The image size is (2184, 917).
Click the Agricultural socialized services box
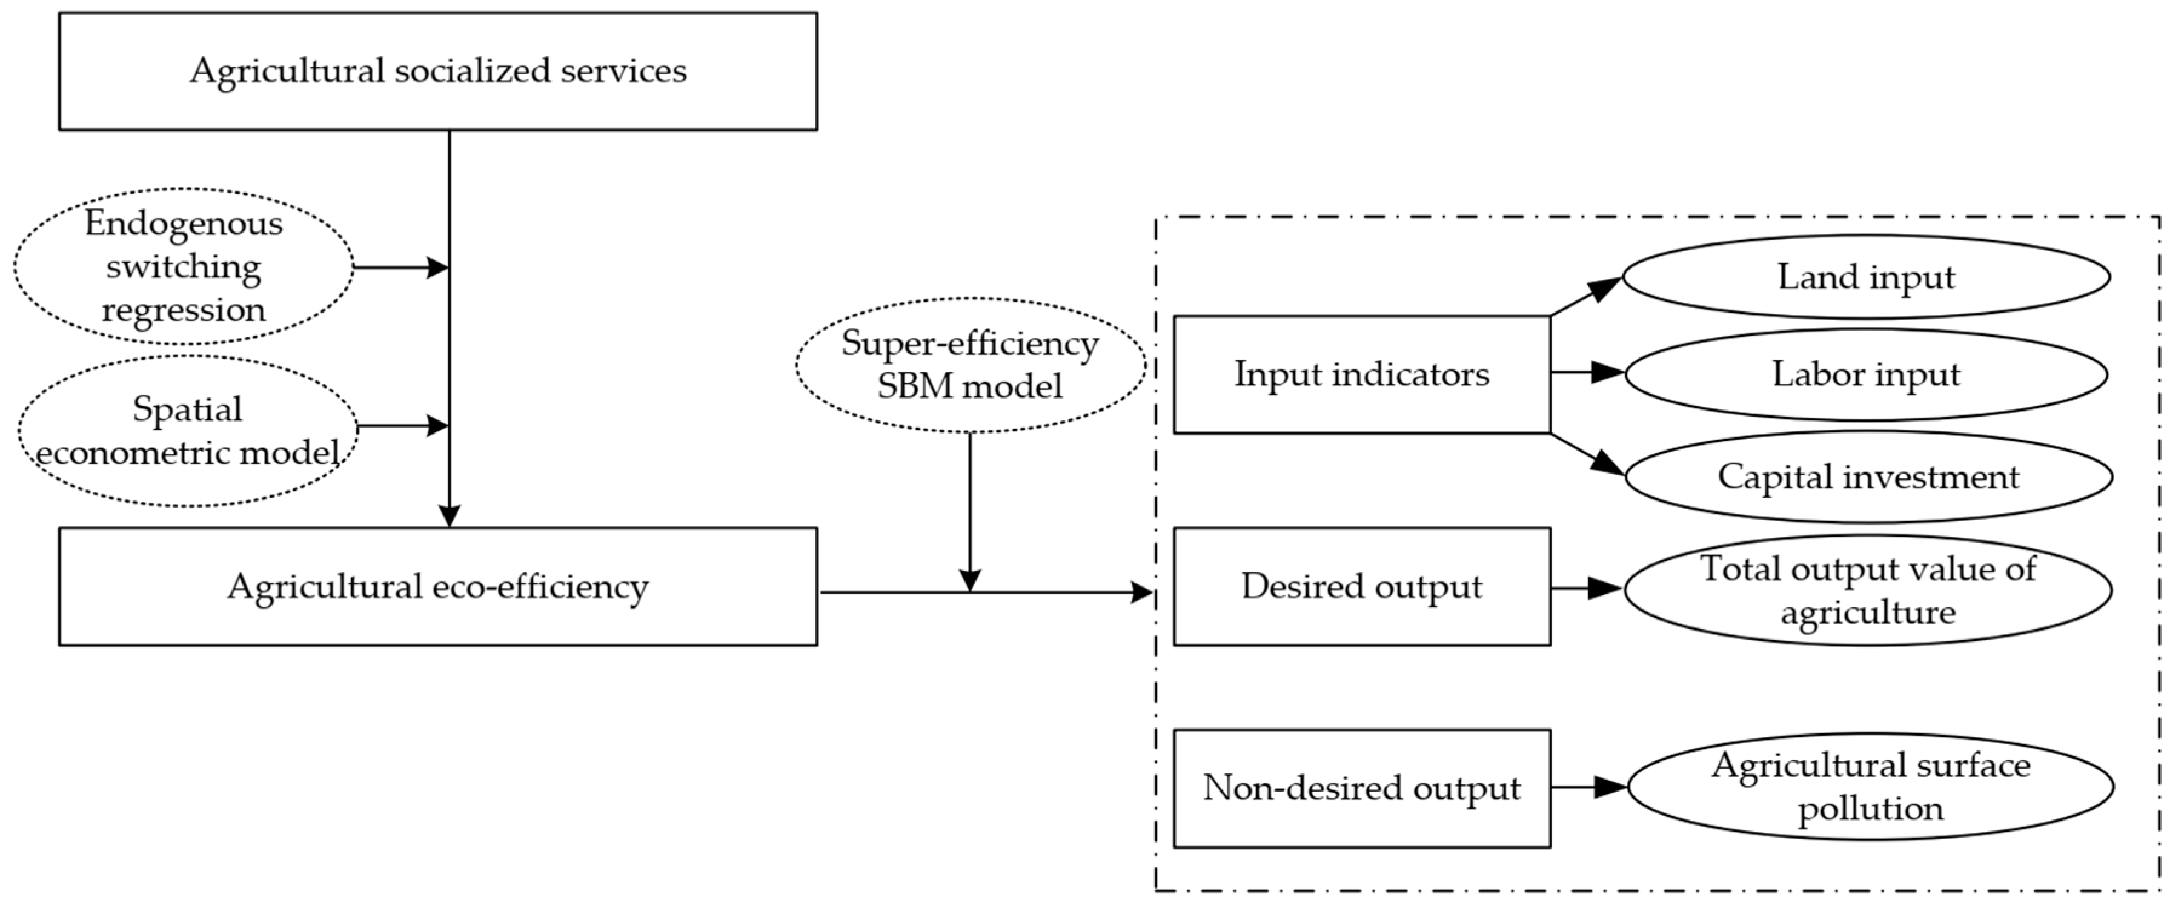pyautogui.click(x=437, y=71)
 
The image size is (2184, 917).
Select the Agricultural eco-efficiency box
pyautogui.click(x=437, y=586)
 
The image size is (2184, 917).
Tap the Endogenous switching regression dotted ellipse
pyautogui.click(x=183, y=266)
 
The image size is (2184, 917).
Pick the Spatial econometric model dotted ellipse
pyautogui.click(x=187, y=431)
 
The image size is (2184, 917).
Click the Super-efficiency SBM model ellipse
pyautogui.click(x=970, y=365)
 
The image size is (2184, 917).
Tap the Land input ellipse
pyautogui.click(x=1865, y=277)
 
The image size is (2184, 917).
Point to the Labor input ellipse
pyautogui.click(x=1865, y=374)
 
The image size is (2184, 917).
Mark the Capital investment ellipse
pyautogui.click(x=1868, y=476)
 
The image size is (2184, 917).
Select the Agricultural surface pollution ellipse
pyautogui.click(x=1870, y=787)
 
